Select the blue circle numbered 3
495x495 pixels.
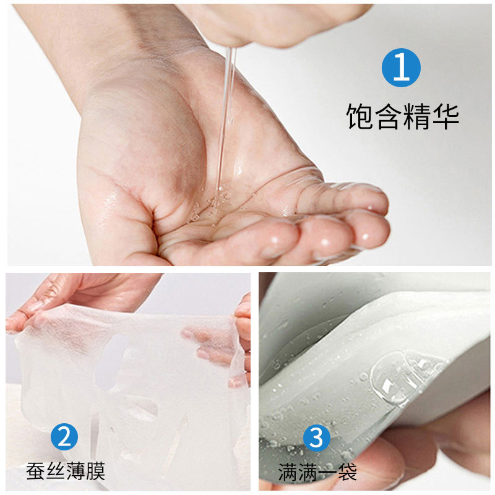coord(316,437)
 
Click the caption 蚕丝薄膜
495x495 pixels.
coord(66,471)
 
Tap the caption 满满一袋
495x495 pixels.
coord(317,471)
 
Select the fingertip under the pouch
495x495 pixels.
coord(371,464)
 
